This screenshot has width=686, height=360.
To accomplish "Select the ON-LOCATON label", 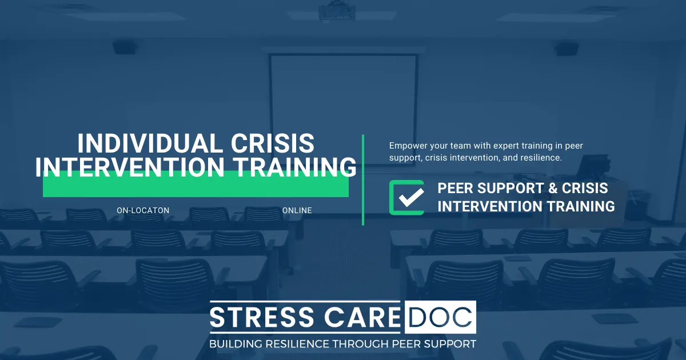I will [143, 210].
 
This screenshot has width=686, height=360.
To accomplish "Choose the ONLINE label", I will [297, 210].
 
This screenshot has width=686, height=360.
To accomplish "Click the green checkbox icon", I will [406, 198].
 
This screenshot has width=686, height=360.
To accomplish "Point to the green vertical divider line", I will [363, 180].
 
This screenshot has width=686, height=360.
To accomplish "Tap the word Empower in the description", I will [407, 146].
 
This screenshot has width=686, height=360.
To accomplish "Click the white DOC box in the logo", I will [440, 317].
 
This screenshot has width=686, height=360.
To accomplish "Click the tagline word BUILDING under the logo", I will [235, 344].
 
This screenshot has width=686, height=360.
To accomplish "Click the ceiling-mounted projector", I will [335, 9].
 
